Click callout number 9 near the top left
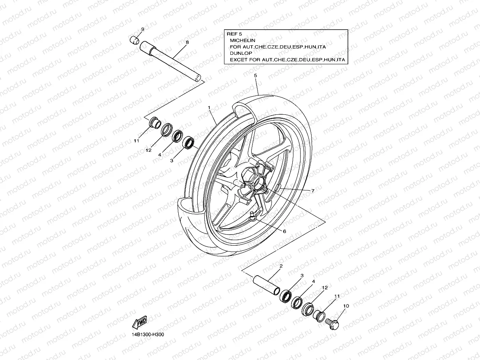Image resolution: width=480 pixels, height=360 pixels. point(142,29)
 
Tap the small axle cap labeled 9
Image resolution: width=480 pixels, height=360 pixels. point(135,40)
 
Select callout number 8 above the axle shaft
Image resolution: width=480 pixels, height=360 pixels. point(187,42)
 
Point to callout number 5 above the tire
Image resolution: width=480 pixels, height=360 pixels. point(255,75)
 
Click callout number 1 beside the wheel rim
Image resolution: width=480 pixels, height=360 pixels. point(209,107)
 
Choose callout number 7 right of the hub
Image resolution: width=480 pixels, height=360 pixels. point(312,191)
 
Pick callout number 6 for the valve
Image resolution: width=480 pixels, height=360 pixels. point(284,231)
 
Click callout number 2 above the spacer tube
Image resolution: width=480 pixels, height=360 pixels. point(281,266)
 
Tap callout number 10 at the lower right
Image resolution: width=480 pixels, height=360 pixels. point(346,306)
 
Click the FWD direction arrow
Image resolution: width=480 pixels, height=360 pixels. point(140,323)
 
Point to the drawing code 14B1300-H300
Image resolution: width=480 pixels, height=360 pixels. point(148,335)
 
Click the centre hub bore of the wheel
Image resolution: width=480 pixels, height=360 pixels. point(260,183)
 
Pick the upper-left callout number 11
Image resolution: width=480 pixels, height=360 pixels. point(136,140)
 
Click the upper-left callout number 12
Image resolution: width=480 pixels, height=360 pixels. point(148,150)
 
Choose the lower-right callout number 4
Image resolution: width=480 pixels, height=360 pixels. point(313,282)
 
